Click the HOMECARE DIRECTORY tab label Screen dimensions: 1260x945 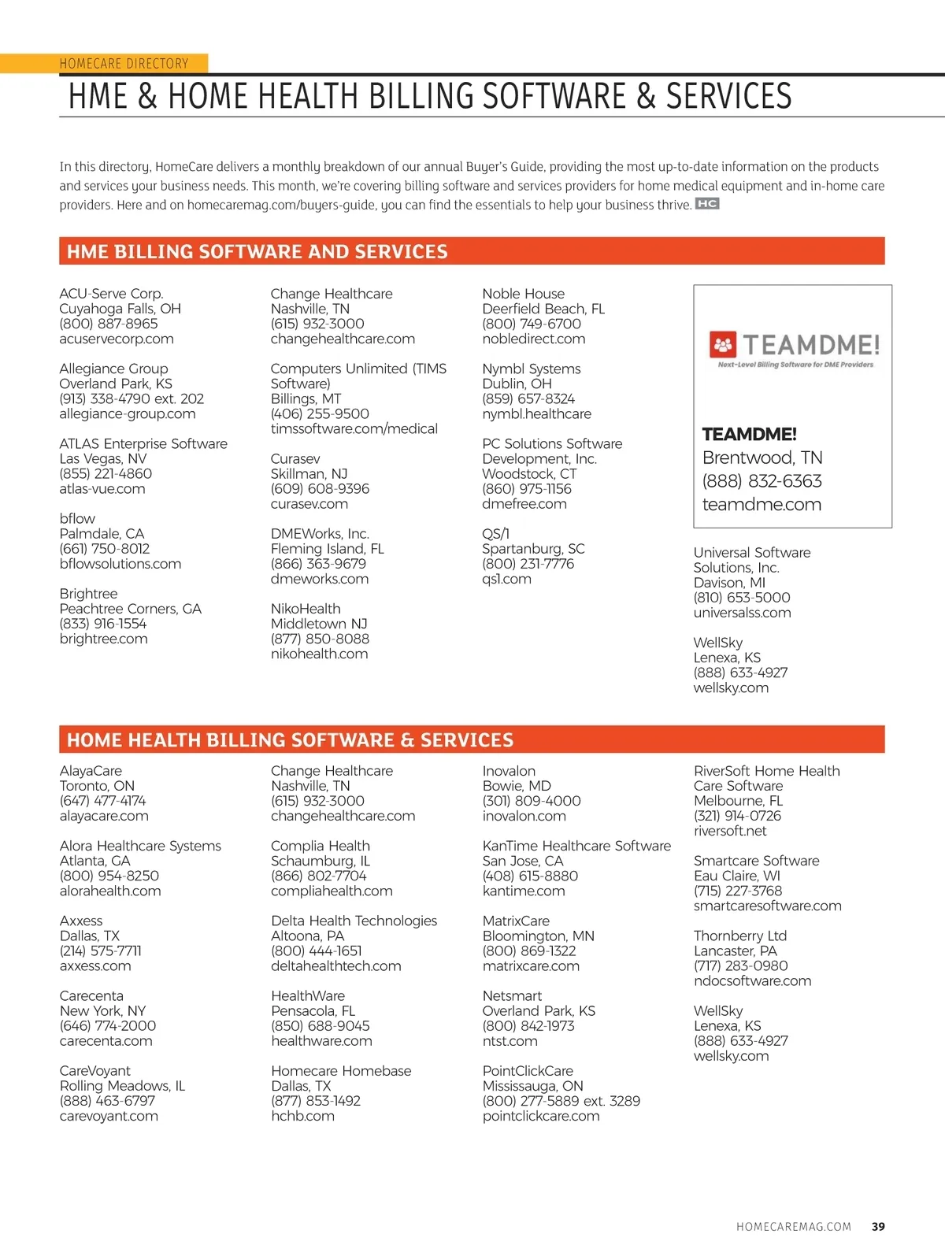coord(124,64)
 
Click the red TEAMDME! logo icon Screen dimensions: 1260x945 coord(723,345)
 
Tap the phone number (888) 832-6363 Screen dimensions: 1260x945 coord(762,481)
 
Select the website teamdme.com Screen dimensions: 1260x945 coord(762,505)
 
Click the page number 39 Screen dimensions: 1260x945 coord(878,1226)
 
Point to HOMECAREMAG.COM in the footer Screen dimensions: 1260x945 coord(793,1226)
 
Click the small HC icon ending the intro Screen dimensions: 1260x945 coord(707,204)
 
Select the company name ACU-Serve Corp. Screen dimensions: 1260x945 coord(111,294)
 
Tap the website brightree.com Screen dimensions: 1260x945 coord(103,639)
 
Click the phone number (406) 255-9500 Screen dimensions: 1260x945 coord(320,413)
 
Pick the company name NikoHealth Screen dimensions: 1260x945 coord(306,609)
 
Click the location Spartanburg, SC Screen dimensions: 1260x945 coord(533,549)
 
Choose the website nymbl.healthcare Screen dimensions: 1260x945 coord(536,413)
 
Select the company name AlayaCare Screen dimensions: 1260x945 coord(91,771)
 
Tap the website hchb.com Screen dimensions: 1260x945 coord(302,1116)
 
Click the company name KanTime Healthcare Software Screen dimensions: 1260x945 coord(576,846)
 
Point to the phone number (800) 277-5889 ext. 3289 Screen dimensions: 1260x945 coord(561,1101)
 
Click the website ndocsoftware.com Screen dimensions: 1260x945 coord(752,980)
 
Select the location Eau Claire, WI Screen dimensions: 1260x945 coord(737,876)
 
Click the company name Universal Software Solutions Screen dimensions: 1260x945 coord(751,560)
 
